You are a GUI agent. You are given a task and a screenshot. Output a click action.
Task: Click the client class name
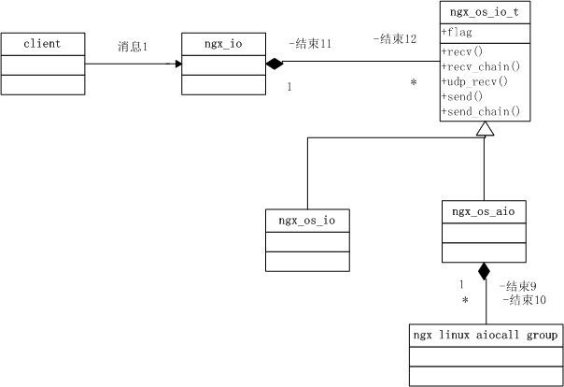pos(42,44)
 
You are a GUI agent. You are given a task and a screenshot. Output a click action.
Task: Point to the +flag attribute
pos(456,33)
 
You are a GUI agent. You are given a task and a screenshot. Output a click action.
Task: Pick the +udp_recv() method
pos(473,81)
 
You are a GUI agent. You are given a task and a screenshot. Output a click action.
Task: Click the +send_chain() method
pos(479,112)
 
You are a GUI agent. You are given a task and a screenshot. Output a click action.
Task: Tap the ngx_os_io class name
pos(307,221)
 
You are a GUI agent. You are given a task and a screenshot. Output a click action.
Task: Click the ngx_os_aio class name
pos(483,212)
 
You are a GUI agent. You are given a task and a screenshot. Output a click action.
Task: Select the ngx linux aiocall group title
pos(486,335)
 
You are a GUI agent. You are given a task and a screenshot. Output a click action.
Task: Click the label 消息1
pos(133,46)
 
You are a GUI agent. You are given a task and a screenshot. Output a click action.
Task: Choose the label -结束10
pos(520,300)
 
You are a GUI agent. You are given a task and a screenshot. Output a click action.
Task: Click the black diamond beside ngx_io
pos(274,64)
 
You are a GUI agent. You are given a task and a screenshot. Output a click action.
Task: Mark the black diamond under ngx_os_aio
pos(484,272)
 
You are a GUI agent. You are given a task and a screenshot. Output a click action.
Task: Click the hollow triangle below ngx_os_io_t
pos(484,130)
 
